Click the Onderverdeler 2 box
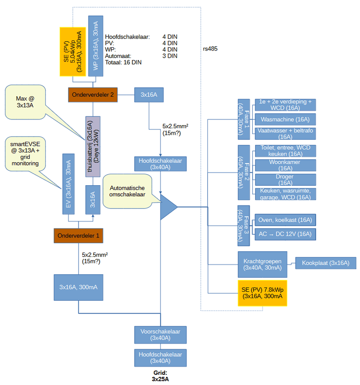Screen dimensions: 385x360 point(93,95)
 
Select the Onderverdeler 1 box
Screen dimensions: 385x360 point(78,236)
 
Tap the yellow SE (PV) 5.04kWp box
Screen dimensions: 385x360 point(72,51)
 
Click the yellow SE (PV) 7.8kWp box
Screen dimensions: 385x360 point(262,293)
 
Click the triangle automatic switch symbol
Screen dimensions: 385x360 point(167,206)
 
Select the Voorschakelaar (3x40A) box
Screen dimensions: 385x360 point(160,334)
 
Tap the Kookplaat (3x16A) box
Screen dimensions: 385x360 point(325,263)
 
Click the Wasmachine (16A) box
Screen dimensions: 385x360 point(285,119)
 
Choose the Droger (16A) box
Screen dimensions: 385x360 point(285,180)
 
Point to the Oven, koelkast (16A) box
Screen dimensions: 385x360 point(285,220)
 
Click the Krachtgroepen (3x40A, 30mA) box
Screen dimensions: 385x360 point(262,263)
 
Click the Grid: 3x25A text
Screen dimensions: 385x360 point(160,375)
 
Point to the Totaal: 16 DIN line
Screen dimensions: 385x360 point(123,62)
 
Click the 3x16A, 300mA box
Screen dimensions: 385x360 point(78,287)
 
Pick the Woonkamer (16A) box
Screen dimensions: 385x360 point(285,165)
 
